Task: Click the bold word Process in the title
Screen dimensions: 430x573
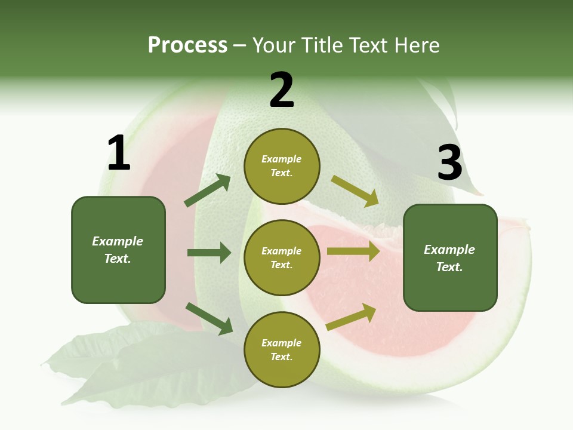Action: tap(187, 45)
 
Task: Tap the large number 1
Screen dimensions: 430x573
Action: tap(119, 153)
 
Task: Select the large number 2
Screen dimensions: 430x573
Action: tap(282, 90)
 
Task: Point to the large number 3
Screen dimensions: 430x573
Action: tap(449, 163)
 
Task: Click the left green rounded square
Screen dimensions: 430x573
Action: tap(118, 250)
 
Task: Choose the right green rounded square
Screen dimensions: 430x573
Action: tap(450, 258)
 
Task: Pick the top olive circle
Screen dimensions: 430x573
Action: tap(282, 166)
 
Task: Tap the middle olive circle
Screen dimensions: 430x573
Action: tap(282, 258)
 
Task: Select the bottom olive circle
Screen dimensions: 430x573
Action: tap(282, 350)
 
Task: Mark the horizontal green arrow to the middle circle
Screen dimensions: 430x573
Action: tap(209, 253)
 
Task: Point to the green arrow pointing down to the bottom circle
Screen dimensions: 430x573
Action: tap(209, 318)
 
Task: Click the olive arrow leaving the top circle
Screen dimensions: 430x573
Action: tap(355, 191)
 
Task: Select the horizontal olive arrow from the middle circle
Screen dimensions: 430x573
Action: tap(353, 251)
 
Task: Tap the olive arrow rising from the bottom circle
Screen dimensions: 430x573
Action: tap(352, 317)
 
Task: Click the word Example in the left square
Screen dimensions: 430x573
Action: tap(118, 241)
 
